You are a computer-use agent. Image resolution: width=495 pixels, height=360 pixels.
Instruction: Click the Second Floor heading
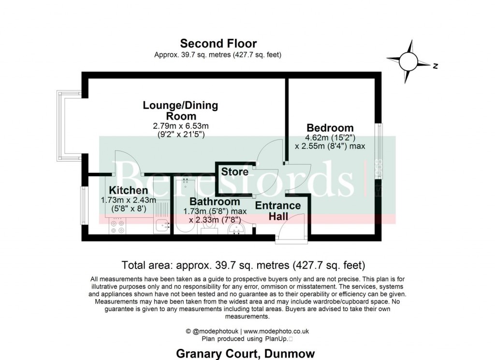point(218,44)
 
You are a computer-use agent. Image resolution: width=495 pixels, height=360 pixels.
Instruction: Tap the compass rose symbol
point(409,62)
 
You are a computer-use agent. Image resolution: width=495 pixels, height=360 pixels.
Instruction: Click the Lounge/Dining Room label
point(181,110)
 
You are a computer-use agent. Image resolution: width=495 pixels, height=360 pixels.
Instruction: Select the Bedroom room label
point(330,128)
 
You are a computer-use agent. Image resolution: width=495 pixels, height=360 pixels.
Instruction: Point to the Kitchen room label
point(128,190)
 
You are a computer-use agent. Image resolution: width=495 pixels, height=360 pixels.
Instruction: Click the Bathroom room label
point(215,202)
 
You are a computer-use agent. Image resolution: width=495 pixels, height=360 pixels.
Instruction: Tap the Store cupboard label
point(235,172)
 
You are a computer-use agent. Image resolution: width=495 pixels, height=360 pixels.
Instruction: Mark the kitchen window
point(84,203)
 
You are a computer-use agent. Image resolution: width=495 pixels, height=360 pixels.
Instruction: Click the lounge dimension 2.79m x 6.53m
point(181,126)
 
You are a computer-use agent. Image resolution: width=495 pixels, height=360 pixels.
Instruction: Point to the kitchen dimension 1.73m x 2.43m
point(128,200)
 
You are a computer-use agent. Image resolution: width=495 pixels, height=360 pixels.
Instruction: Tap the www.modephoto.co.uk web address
point(276,331)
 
